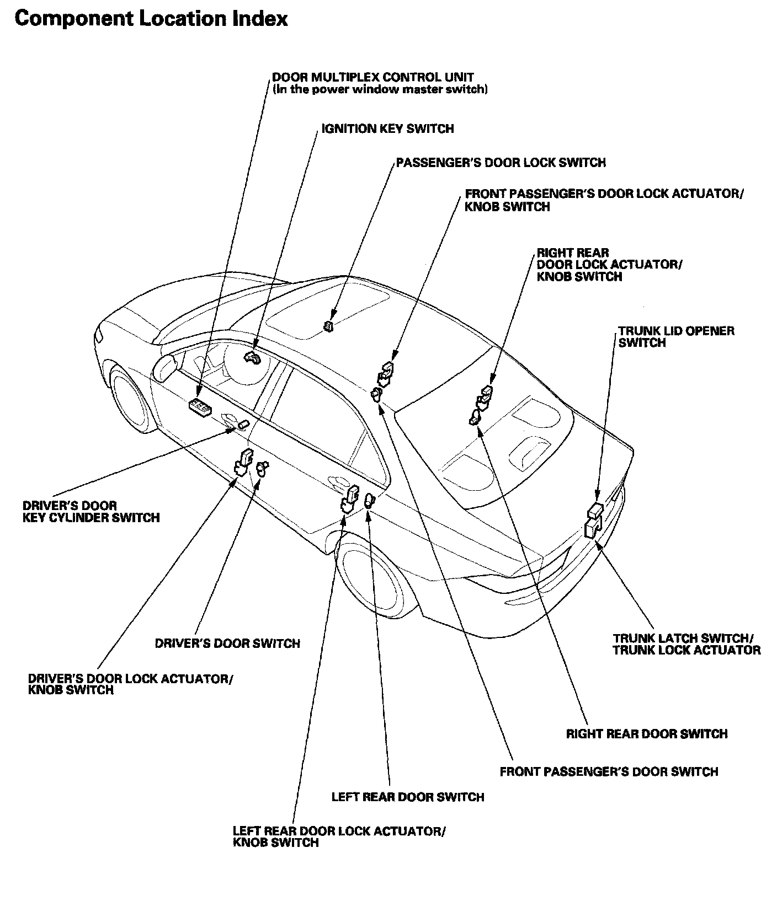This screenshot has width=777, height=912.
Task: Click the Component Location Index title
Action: pyautogui.click(x=151, y=19)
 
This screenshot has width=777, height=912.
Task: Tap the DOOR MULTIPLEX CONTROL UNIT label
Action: pyautogui.click(x=373, y=77)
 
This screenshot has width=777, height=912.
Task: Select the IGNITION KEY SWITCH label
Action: pyautogui.click(x=387, y=129)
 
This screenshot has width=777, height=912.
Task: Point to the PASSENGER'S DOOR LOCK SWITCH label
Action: pyautogui.click(x=501, y=163)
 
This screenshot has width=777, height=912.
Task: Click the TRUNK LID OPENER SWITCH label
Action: pyautogui.click(x=675, y=337)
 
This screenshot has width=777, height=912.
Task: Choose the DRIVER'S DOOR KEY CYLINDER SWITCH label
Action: pyautogui.click(x=91, y=512)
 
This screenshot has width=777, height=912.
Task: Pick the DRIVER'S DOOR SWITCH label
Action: pyautogui.click(x=227, y=643)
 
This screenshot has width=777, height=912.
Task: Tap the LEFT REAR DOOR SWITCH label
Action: pyautogui.click(x=407, y=797)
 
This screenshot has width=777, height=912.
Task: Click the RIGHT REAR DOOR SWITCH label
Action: pyautogui.click(x=647, y=734)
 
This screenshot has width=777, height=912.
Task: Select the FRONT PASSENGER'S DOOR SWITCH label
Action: pyautogui.click(x=609, y=772)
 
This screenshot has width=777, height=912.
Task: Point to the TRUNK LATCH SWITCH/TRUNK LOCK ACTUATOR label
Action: pyautogui.click(x=686, y=644)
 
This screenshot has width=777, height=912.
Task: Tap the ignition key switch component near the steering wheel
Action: pyautogui.click(x=252, y=358)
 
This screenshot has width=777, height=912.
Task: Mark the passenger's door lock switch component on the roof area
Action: pyautogui.click(x=329, y=326)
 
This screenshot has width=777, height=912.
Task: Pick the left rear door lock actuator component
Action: pyautogui.click(x=349, y=499)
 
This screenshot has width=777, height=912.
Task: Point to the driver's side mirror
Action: pyautogui.click(x=164, y=367)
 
